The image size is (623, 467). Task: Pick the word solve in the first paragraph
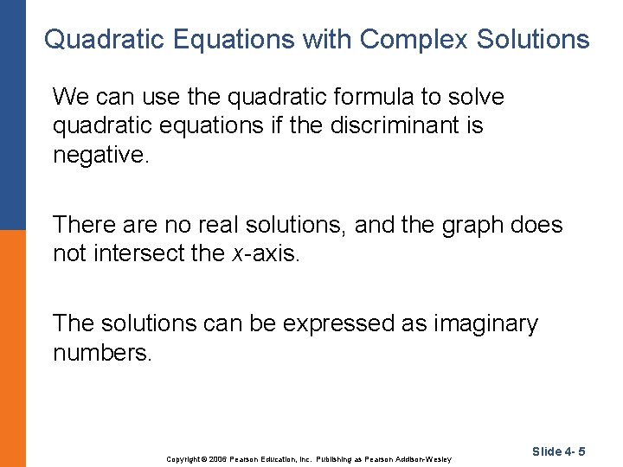pos(474,98)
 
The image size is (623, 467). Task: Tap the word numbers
pos(102,353)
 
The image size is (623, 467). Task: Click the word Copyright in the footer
pos(183,458)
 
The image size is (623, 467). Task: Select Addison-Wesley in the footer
pos(423,458)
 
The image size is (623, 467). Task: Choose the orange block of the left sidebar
pos(12,346)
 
